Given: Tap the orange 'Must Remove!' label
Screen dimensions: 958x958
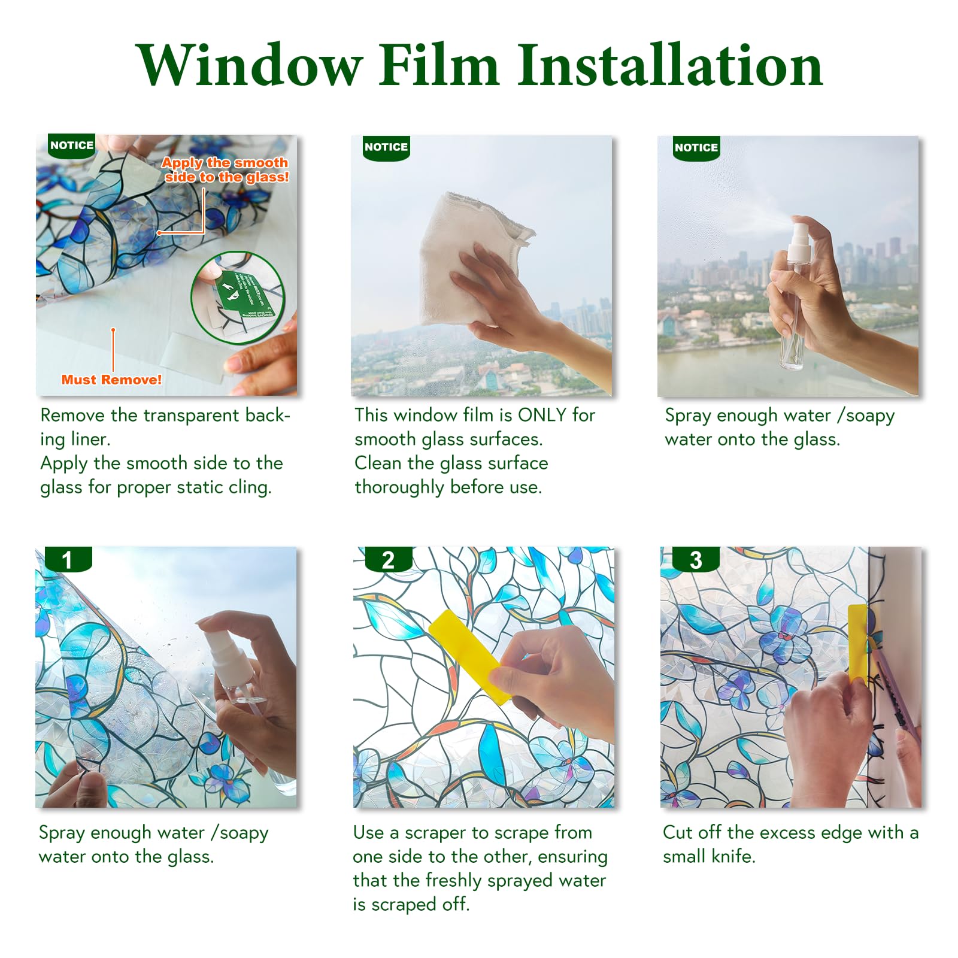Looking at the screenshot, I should [111, 380].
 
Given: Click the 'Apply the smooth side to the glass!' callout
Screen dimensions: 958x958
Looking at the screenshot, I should [226, 169].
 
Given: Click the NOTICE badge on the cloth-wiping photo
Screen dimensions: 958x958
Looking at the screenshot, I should [386, 147].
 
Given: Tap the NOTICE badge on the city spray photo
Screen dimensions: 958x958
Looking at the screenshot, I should [696, 148].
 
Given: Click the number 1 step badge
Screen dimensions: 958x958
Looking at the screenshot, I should [68, 560].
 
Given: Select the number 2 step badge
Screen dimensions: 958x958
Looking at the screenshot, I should [388, 560].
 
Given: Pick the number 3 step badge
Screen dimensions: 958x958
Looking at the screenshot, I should [695, 560].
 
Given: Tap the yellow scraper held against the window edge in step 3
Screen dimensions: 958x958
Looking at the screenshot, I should [857, 641].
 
